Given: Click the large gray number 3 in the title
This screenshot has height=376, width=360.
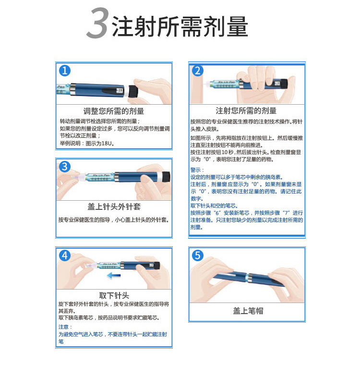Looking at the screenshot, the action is pyautogui.click(x=97, y=23).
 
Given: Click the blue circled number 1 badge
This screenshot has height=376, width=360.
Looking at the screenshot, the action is pyautogui.click(x=65, y=71).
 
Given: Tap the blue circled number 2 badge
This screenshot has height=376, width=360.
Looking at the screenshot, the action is pyautogui.click(x=198, y=71).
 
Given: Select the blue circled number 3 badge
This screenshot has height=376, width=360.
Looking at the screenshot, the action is pyautogui.click(x=65, y=167).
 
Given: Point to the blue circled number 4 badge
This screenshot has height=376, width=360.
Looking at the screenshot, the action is pyautogui.click(x=65, y=255).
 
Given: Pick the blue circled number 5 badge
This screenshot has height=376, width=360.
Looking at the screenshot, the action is pyautogui.click(x=198, y=255).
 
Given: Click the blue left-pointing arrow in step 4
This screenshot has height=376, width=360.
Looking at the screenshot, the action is pyautogui.click(x=114, y=276).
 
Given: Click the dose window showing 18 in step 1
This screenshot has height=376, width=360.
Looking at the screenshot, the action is pyautogui.click(x=120, y=90).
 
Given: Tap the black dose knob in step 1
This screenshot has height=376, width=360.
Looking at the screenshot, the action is pyautogui.click(x=133, y=91).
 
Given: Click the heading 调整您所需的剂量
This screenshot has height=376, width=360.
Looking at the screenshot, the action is pyautogui.click(x=114, y=111).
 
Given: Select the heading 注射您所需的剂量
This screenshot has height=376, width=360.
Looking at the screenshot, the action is pyautogui.click(x=246, y=111).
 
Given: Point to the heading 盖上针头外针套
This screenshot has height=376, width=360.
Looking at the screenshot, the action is pyautogui.click(x=114, y=206).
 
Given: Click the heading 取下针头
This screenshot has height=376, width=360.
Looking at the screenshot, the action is pyautogui.click(x=114, y=295).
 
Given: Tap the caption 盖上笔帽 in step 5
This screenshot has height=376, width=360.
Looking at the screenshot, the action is pyautogui.click(x=248, y=311).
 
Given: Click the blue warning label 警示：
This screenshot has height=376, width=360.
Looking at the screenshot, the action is pyautogui.click(x=197, y=170).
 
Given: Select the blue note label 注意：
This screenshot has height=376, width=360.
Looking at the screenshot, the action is pyautogui.click(x=65, y=327).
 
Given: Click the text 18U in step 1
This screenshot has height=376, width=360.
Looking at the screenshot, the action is pyautogui.click(x=107, y=144).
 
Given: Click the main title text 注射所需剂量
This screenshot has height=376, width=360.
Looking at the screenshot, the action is pyautogui.click(x=180, y=26).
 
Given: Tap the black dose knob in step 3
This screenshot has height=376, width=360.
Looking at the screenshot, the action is pyautogui.click(x=166, y=177).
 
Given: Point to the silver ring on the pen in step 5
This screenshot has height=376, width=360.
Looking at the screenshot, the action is pyautogui.click(x=249, y=278).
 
